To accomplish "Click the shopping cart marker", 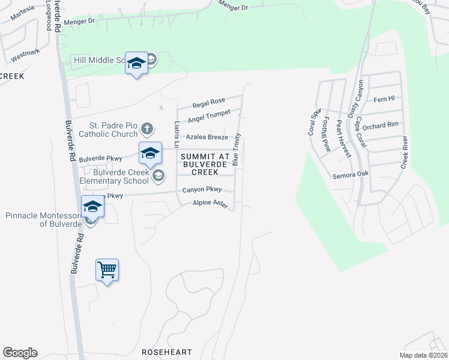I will point(107,270).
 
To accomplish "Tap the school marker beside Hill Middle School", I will point(136,63).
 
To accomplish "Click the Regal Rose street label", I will point(208,101).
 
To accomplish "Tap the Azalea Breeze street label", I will point(206,137).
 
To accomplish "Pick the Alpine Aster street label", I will point(210,205).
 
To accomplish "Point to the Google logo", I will point(20,353).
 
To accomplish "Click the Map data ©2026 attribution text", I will point(423,355).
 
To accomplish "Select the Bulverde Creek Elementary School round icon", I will point(158,175).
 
